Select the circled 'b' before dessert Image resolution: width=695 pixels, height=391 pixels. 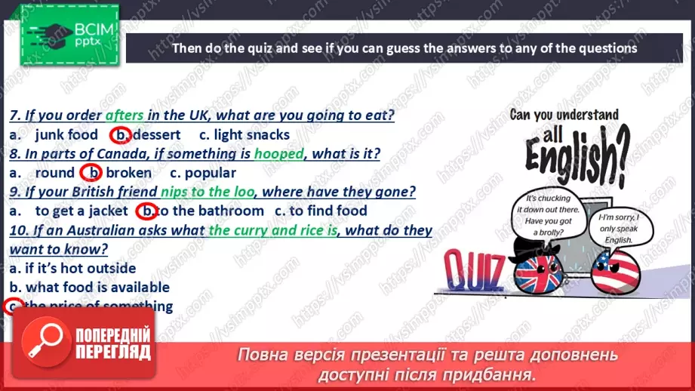[120, 135]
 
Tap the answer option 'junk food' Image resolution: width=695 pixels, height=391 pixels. [66, 135]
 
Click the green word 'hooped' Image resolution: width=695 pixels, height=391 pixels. [279, 153]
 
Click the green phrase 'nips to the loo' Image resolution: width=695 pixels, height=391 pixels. [208, 192]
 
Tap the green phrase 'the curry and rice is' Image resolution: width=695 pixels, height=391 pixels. [272, 229]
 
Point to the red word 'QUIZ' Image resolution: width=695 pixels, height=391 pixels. [472, 272]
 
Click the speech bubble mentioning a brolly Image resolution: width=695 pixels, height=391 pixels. [543, 211]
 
